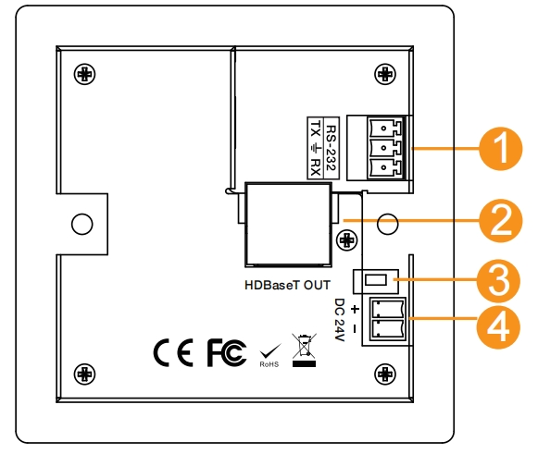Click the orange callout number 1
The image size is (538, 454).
click(501, 149)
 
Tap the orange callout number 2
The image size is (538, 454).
click(501, 221)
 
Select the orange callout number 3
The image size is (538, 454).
click(498, 281)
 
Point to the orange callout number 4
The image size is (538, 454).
click(498, 328)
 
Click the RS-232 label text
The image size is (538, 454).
click(332, 148)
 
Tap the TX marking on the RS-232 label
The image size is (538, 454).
click(316, 129)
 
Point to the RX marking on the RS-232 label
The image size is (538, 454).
click(316, 167)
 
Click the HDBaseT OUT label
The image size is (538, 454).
click(288, 285)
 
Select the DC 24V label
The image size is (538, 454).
click(339, 320)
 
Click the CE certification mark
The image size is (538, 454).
click(173, 352)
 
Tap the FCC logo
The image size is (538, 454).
click(227, 352)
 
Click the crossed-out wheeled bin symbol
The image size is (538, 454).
click(304, 350)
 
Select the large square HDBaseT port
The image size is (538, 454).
click(288, 225)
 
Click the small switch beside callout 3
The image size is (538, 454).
click(376, 281)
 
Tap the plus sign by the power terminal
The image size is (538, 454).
click(355, 310)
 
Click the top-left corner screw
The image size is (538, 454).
click(84, 74)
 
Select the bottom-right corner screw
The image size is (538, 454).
click(385, 374)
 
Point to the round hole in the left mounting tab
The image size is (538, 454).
click(82, 224)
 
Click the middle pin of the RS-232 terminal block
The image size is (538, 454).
click(384, 148)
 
